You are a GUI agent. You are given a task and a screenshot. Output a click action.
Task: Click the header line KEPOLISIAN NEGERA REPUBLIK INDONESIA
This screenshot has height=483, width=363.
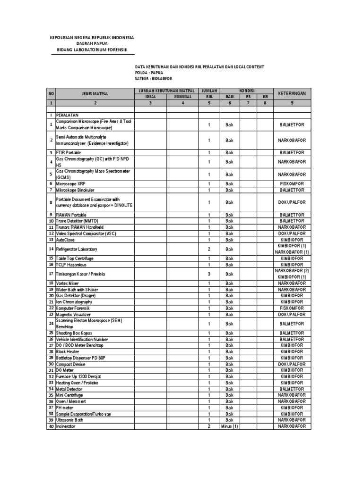point(92,37)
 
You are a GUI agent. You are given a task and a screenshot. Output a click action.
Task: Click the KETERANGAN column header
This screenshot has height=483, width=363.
point(292,93)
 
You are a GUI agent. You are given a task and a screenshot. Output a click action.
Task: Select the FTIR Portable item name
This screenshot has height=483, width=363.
point(69,153)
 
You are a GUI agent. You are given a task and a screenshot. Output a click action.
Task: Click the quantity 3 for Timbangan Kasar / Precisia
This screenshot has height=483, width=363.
point(208,274)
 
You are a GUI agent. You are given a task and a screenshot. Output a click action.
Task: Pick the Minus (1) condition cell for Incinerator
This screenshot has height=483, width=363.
point(229,426)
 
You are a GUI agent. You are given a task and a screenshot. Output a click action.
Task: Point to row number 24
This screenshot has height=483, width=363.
point(51,324)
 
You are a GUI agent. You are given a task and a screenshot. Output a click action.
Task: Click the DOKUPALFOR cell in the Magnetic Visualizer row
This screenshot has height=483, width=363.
point(292,314)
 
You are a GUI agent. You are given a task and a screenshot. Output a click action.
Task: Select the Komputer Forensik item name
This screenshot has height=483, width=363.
point(73,308)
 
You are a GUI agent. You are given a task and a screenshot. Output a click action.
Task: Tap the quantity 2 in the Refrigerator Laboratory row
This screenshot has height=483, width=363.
point(208,249)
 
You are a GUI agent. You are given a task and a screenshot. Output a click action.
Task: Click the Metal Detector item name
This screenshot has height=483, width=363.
point(69,389)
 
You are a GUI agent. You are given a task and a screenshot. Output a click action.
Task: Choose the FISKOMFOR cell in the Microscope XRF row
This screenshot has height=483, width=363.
point(292,183)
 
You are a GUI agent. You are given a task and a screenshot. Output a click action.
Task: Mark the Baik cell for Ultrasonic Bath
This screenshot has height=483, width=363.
point(229,420)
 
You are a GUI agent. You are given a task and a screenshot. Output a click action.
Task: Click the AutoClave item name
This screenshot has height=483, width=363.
point(66,240)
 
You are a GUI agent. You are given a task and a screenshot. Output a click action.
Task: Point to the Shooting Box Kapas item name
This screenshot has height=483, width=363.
point(74,333)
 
